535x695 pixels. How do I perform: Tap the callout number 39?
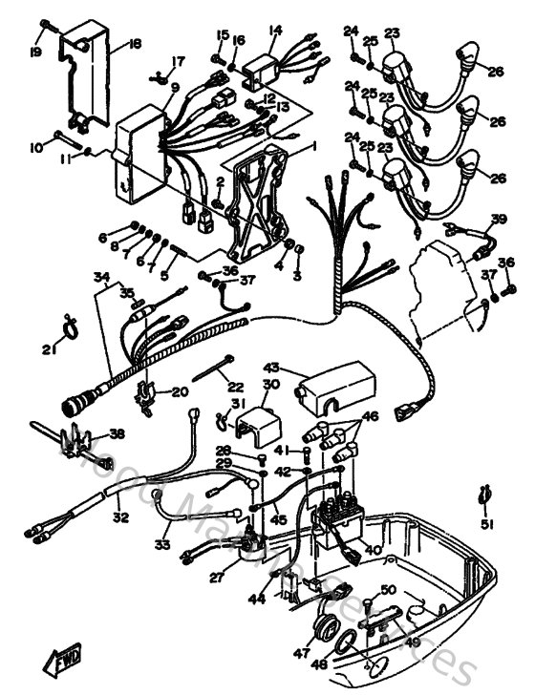(x=498, y=220)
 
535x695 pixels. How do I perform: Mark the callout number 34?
(x=100, y=278)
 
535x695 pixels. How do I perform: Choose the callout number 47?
(x=304, y=654)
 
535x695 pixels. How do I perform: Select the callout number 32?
(x=119, y=518)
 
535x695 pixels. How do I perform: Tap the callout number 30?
(x=270, y=385)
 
